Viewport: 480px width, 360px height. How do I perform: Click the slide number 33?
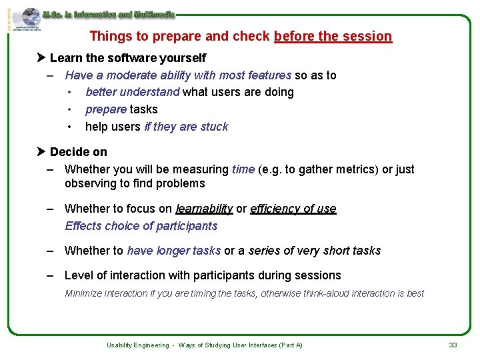[x=453, y=345]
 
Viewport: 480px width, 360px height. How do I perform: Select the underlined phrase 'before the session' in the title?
[x=333, y=36]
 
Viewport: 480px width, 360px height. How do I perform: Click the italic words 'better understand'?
[x=133, y=92]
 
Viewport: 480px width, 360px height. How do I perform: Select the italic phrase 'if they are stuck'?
[x=186, y=127]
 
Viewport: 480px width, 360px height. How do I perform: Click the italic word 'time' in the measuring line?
[x=243, y=169]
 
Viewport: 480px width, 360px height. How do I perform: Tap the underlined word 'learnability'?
[x=204, y=209]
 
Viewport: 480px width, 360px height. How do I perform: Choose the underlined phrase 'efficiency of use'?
[x=293, y=209]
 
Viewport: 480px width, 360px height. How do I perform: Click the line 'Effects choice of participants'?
[x=141, y=226]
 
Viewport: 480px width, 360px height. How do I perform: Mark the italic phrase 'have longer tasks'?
[x=173, y=251]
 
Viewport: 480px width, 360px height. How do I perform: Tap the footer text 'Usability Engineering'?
[x=138, y=345]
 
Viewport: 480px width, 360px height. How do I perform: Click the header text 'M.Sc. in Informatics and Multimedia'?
[x=109, y=13]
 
